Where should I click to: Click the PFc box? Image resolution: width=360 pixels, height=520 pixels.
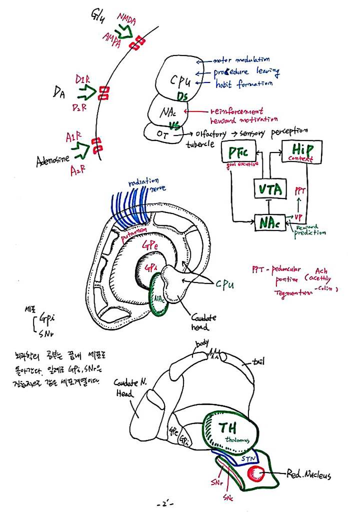[x=239, y=151]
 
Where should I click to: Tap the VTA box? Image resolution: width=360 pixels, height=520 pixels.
[x=270, y=189]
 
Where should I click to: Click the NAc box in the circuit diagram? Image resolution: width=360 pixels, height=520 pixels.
[x=270, y=222]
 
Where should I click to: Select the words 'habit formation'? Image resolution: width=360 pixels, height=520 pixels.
[x=244, y=83]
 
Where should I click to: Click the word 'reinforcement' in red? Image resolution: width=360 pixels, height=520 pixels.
[x=236, y=110]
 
